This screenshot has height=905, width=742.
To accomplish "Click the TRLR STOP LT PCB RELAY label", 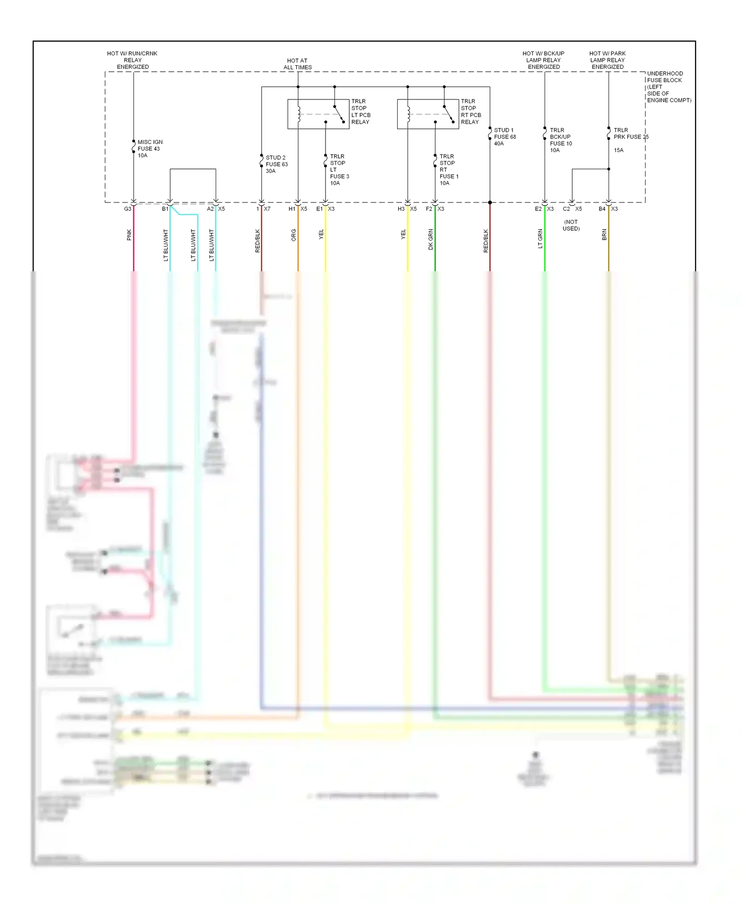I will (x=361, y=111).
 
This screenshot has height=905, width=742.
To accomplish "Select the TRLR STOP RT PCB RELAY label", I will (x=470, y=111).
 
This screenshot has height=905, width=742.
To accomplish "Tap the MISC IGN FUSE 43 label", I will (x=149, y=149).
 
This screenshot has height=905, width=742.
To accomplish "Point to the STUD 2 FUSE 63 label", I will (x=276, y=164).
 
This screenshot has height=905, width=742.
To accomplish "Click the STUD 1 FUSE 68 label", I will (x=505, y=137).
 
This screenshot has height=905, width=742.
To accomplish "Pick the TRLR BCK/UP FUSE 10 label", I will (x=560, y=140).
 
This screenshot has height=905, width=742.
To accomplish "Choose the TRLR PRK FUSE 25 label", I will (x=630, y=137).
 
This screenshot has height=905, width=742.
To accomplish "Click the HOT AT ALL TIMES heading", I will (x=297, y=64).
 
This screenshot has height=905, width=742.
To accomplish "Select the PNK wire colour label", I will (x=129, y=235).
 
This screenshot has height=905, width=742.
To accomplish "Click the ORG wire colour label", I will (x=293, y=235).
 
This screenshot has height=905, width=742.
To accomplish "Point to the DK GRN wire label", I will (x=431, y=239).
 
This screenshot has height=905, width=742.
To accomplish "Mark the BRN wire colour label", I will (x=604, y=235).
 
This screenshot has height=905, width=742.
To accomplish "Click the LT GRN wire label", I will (x=540, y=238).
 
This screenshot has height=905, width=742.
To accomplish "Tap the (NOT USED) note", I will (x=571, y=225).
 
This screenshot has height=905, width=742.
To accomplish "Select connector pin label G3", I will (x=128, y=209).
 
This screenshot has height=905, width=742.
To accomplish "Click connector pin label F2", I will (x=429, y=209).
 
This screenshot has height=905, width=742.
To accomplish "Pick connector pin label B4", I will (x=602, y=209).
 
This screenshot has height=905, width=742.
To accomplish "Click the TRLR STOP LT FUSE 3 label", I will (x=339, y=170).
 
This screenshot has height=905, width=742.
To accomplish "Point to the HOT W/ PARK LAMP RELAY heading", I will (x=607, y=60).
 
